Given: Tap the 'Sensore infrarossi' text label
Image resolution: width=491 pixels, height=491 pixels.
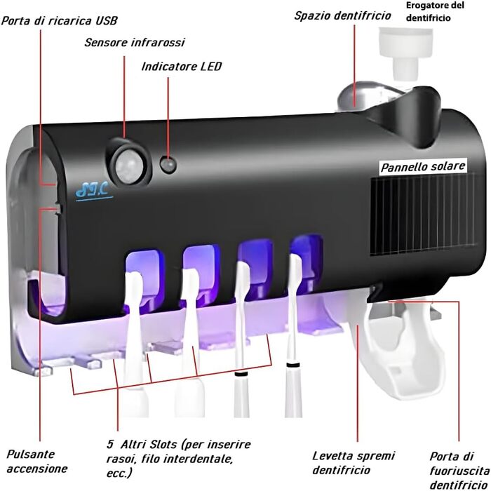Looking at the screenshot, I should point(134,43).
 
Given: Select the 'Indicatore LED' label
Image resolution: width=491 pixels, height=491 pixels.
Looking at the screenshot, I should point(181,67).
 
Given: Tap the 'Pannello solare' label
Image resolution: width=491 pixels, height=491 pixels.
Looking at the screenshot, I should point(423,168).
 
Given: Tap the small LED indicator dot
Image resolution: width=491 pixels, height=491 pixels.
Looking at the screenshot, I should point(168,165).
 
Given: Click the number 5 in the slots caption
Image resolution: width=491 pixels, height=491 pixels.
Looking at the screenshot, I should point(110,445).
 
